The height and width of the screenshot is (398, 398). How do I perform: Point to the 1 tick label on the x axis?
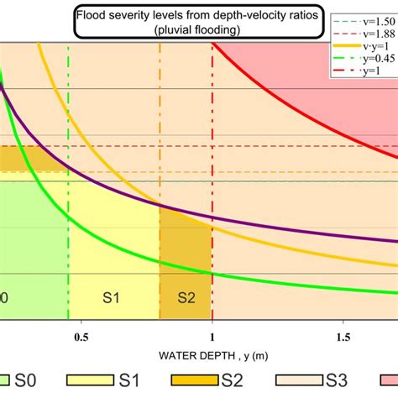click(212, 338)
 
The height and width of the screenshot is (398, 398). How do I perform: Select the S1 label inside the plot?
click(112, 297)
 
